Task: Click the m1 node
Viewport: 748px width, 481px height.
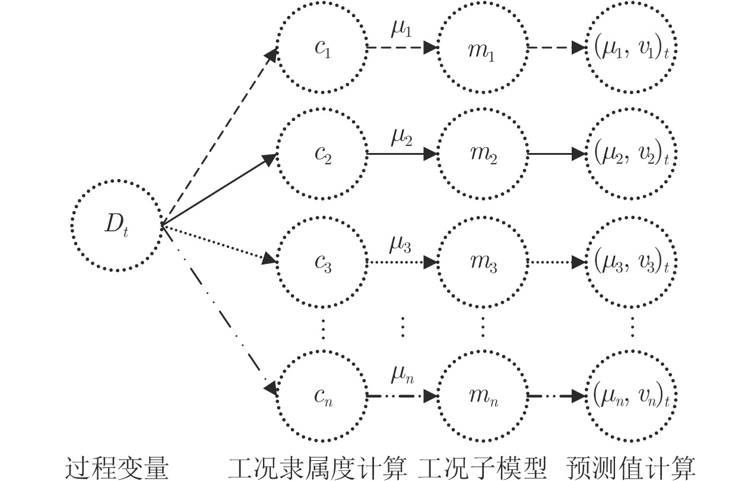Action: (x=482, y=49)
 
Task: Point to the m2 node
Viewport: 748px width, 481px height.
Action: (x=482, y=155)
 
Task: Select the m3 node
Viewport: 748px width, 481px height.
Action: (x=482, y=261)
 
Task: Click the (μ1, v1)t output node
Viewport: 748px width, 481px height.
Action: (x=632, y=49)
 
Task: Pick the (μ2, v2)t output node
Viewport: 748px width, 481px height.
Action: (x=632, y=155)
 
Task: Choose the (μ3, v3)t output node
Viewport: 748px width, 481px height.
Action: (x=632, y=261)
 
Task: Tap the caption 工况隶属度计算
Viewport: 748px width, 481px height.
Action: (x=318, y=466)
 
